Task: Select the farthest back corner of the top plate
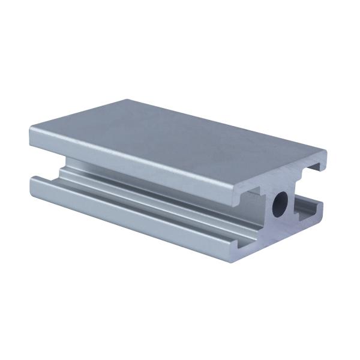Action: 127,100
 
